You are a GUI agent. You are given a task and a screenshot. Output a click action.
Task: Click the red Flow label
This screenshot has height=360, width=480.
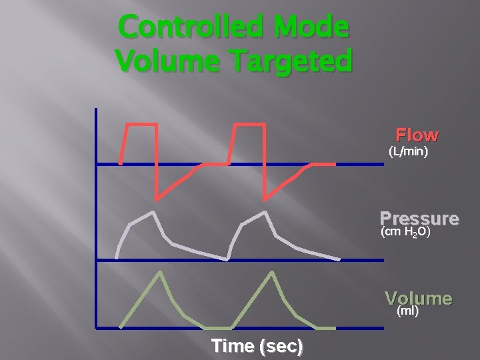pyautogui.click(x=417, y=135)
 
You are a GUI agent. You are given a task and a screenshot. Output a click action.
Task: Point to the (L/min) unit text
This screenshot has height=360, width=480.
pyautogui.click(x=408, y=152)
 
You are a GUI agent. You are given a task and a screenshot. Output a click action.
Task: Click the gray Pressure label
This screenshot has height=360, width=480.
pyautogui.click(x=419, y=219)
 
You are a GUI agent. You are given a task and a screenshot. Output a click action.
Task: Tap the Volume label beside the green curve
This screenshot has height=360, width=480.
pyautogui.click(x=419, y=299)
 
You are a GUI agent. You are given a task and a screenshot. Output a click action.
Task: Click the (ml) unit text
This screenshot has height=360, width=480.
pyautogui.click(x=407, y=311)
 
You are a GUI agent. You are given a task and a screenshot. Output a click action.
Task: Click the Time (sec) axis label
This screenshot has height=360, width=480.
pyautogui.click(x=257, y=346)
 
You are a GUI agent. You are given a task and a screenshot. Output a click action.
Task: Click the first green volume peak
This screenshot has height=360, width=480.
pyautogui.click(x=160, y=272)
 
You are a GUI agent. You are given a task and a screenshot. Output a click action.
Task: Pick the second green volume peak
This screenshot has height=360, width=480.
pyautogui.click(x=272, y=272)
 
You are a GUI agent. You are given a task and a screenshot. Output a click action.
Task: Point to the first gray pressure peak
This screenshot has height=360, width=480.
pyautogui.click(x=155, y=213)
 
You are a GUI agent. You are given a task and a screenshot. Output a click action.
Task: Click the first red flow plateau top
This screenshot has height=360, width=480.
pyautogui.click(x=141, y=125)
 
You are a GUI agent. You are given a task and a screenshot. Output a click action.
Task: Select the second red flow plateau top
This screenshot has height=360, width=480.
pyautogui.click(x=249, y=125)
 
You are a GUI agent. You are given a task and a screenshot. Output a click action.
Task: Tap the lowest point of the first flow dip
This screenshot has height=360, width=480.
pyautogui.click(x=157, y=198)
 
